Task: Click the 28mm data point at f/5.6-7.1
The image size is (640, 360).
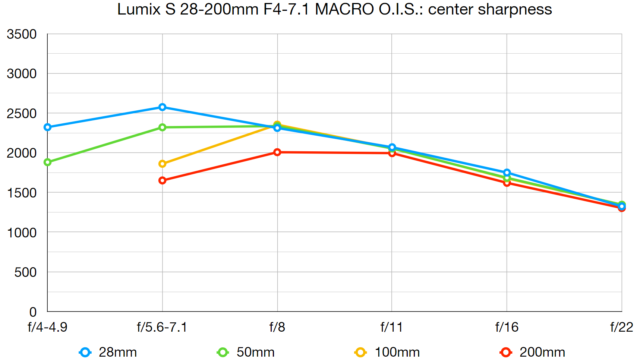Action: [x=162, y=107]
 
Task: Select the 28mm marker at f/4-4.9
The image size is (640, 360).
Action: [x=47, y=127]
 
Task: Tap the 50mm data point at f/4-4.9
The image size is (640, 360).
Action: [x=47, y=162]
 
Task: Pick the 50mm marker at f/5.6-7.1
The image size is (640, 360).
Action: [x=162, y=127]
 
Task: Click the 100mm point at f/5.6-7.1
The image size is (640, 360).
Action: [x=162, y=164]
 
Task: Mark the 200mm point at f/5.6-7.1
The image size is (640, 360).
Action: [x=162, y=180]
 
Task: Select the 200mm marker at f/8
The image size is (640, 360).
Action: [x=277, y=152]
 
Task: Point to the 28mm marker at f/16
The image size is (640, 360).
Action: [x=507, y=173]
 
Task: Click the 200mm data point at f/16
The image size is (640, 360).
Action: [x=507, y=183]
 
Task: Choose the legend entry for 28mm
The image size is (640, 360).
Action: [x=108, y=352]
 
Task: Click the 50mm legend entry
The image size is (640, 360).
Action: [x=246, y=352]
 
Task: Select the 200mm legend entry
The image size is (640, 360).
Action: [x=533, y=352]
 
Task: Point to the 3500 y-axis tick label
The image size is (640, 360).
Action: [x=22, y=34]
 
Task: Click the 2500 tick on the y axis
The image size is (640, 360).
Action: [x=22, y=113]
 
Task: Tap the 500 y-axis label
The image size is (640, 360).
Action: [x=25, y=272]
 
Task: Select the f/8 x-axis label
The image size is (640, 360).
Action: [x=277, y=327]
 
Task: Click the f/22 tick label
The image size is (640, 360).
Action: [x=621, y=327]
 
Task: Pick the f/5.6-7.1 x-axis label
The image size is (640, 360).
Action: [x=162, y=327]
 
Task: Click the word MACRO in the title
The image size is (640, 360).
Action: [x=344, y=9]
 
